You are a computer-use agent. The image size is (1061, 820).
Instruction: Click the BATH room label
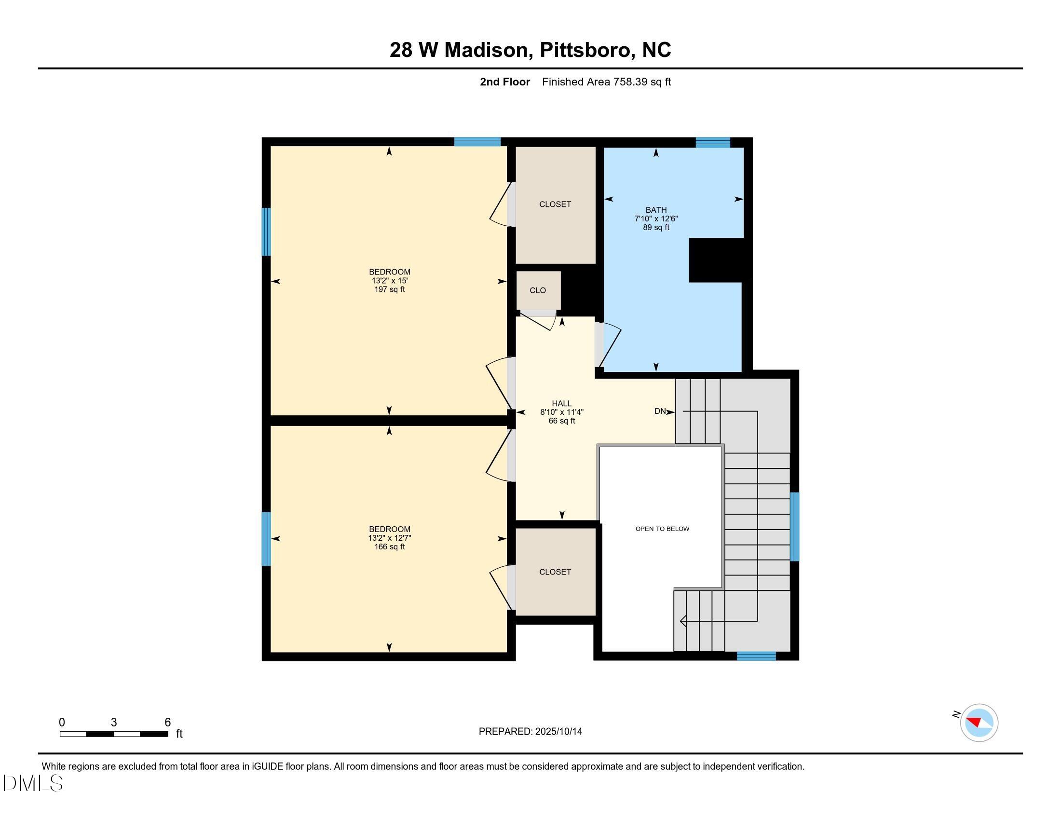coord(656,210)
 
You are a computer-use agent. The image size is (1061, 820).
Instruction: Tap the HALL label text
coord(561,403)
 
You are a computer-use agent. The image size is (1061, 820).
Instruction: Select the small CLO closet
coord(538,290)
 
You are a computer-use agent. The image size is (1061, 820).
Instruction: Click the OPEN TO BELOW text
coord(662,529)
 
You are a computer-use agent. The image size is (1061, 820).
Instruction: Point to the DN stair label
coord(660,411)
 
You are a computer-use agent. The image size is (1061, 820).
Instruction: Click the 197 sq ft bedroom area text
coord(389,289)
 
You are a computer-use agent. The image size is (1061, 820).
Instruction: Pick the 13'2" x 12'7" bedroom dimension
coord(389,538)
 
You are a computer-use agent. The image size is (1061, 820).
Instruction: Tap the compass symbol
coord(979,723)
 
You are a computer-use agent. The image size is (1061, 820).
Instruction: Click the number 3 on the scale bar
coord(114,722)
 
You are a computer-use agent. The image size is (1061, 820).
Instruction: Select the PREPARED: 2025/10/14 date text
coord(530,731)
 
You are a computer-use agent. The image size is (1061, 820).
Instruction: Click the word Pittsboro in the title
coord(585,50)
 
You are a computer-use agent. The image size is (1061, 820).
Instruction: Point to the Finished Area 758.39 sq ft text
coord(606,82)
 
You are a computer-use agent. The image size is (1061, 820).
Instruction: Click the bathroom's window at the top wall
coord(713,142)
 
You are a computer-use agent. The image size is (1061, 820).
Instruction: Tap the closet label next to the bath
coord(555,204)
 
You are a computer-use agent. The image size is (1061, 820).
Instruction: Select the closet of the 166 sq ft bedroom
coord(555,572)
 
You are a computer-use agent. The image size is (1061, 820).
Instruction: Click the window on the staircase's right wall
coord(794,527)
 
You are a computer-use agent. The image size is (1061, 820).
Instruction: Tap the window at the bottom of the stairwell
coord(756,656)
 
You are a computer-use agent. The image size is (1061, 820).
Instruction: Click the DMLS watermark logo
coord(33,783)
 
